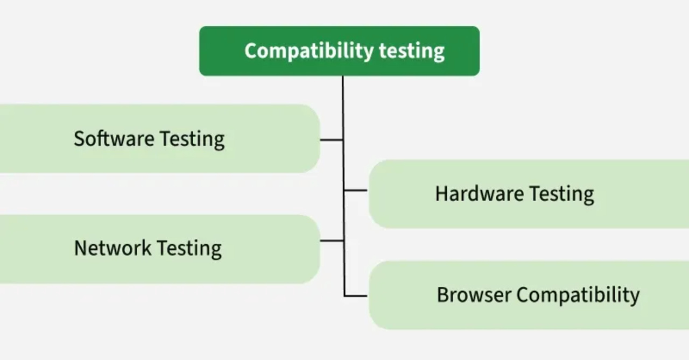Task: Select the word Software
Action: pyautogui.click(x=114, y=139)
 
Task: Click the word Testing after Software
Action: pyautogui.click(x=192, y=139)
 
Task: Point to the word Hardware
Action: pyautogui.click(x=479, y=194)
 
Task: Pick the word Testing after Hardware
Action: pyautogui.click(x=561, y=194)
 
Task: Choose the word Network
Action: pyautogui.click(x=112, y=248)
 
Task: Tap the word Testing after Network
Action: pyautogui.click(x=189, y=248)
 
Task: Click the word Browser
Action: pyautogui.click(x=474, y=295)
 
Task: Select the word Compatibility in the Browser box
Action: pyautogui.click(x=578, y=295)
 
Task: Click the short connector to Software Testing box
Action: pyautogui.click(x=332, y=140)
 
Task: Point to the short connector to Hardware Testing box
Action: pyautogui.click(x=356, y=190)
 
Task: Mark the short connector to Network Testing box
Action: pyautogui.click(x=332, y=241)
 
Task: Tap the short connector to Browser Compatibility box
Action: pyautogui.click(x=356, y=295)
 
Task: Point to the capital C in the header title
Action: pyautogui.click(x=251, y=51)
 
